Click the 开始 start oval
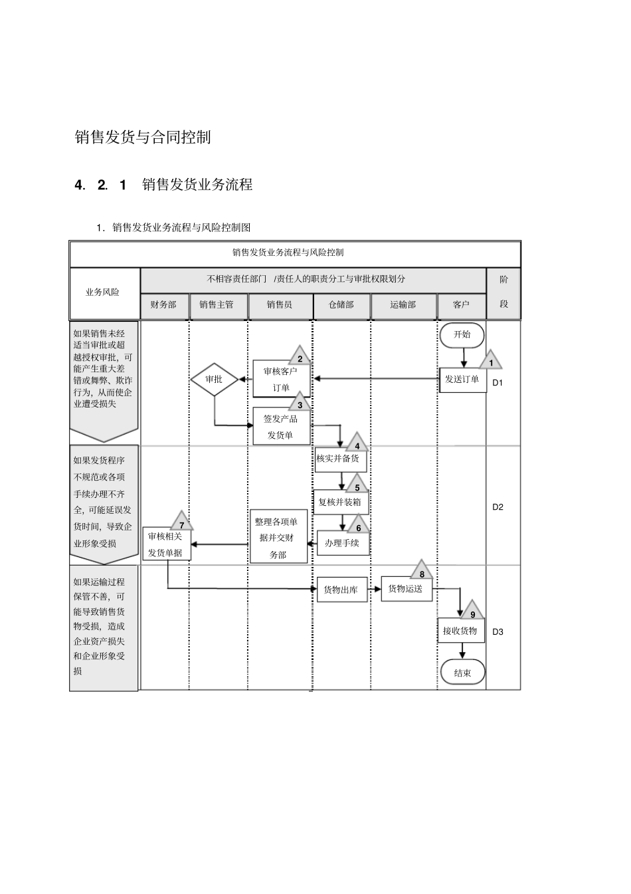(462, 334)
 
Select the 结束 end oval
(462, 673)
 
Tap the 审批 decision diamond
(214, 380)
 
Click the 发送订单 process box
(462, 380)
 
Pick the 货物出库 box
(341, 590)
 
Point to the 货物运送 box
(406, 589)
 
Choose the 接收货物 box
(460, 631)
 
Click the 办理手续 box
(342, 543)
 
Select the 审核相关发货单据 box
(166, 544)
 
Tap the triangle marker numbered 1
(491, 362)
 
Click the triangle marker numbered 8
(422, 572)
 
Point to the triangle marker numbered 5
(357, 485)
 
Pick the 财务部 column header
(164, 305)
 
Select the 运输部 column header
(403, 305)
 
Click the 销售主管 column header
(217, 305)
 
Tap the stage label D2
(498, 506)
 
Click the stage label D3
(498, 631)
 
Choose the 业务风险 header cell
(103, 292)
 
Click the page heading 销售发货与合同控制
(143, 137)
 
